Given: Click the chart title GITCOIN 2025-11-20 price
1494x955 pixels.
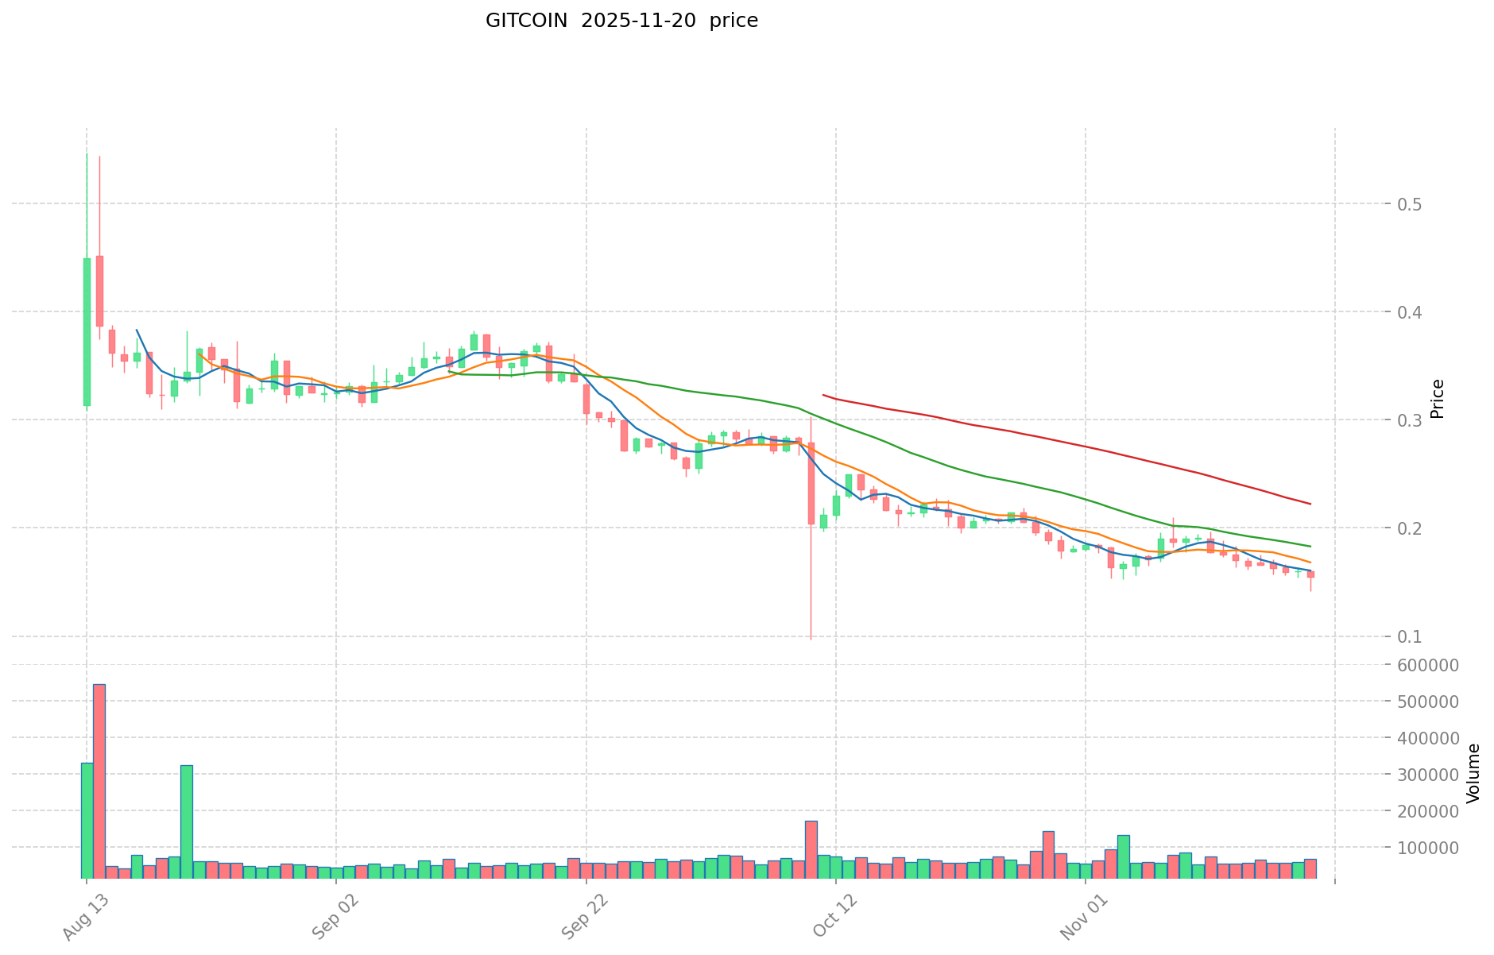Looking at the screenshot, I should pyautogui.click(x=621, y=21).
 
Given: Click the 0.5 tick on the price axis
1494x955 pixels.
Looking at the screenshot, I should pyautogui.click(x=1411, y=204).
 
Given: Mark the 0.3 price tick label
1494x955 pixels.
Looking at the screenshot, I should pyautogui.click(x=1411, y=420).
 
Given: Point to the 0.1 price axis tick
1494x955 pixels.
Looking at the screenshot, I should pyautogui.click(x=1411, y=636).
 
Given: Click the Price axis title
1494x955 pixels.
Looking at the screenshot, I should pyautogui.click(x=1437, y=399).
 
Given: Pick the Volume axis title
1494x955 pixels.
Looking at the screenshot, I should pyautogui.click(x=1473, y=773).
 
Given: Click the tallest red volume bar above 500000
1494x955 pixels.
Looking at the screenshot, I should pyautogui.click(x=99, y=780).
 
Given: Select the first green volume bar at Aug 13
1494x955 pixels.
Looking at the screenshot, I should pyautogui.click(x=87, y=820).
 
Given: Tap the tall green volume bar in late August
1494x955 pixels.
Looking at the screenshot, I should pyautogui.click(x=187, y=822).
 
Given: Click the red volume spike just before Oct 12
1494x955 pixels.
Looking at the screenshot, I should pyautogui.click(x=811, y=849).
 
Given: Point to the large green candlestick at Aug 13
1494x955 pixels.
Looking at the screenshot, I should pyautogui.click(x=87, y=331).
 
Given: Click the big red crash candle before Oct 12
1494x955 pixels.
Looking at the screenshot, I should pyautogui.click(x=811, y=483).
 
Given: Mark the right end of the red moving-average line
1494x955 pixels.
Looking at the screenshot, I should pyautogui.click(x=1310, y=504).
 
